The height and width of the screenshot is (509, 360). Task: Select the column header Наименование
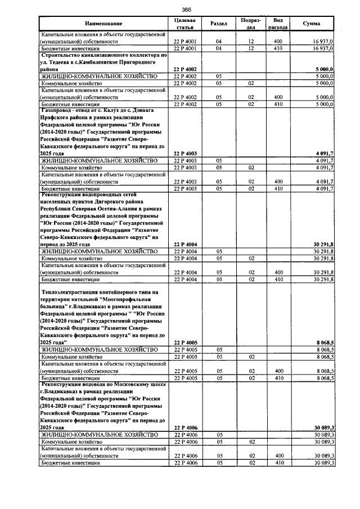coord(103,24)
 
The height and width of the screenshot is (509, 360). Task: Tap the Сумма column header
coord(312,24)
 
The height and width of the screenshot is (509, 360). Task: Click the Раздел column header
coord(218,24)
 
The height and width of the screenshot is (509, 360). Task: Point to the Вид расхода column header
coord(277,24)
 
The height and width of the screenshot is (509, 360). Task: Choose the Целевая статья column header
coord(185,24)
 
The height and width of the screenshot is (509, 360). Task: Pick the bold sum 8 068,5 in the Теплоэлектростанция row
coord(324,343)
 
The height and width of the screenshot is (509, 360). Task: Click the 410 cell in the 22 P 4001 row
coord(277,48)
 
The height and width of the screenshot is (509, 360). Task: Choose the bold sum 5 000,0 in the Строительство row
coord(324,69)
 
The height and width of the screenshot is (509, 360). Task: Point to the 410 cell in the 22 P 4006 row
coord(277,462)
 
